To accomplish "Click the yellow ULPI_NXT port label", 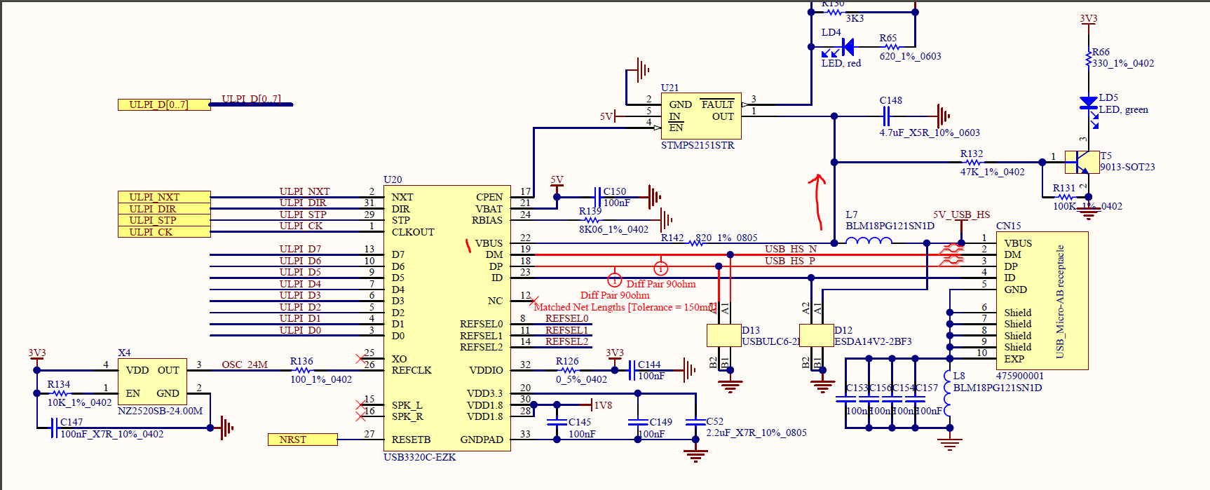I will pyautogui.click(x=163, y=197).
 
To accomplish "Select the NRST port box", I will pyautogui.click(x=302, y=440).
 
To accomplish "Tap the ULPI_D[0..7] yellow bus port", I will pyautogui.click(x=163, y=104).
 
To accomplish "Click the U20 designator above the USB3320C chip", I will pyautogui.click(x=393, y=179).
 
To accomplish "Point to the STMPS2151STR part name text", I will pyautogui.click(x=698, y=145).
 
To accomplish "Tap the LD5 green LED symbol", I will pyautogui.click(x=1088, y=103).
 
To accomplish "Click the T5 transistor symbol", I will pyautogui.click(x=1082, y=162).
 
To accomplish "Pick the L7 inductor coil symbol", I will pyautogui.click(x=869, y=242).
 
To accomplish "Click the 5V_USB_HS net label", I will pyautogui.click(x=961, y=215).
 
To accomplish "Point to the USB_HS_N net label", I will pyautogui.click(x=790, y=249).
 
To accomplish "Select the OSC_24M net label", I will pyautogui.click(x=245, y=365).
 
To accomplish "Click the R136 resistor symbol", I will pyautogui.click(x=302, y=370).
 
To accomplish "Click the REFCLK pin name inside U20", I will pyautogui.click(x=412, y=370).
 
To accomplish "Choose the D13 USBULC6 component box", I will pyautogui.click(x=724, y=335).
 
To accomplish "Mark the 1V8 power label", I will pyautogui.click(x=603, y=405).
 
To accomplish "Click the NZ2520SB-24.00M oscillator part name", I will pyautogui.click(x=160, y=411).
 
